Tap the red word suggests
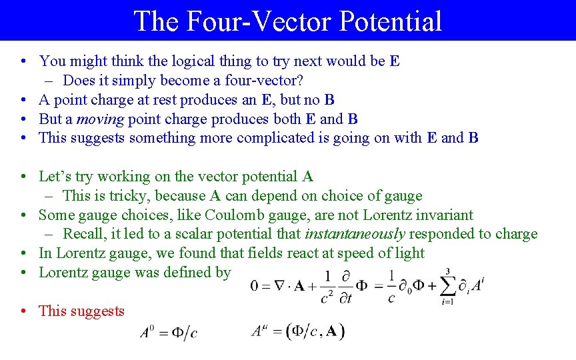pos(99,311)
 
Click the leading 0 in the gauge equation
pos(255,285)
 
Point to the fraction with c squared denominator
pos(327,285)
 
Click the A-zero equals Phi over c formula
pos(169,332)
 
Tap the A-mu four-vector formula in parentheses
pos(297,331)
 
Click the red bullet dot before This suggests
pos(23,311)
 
